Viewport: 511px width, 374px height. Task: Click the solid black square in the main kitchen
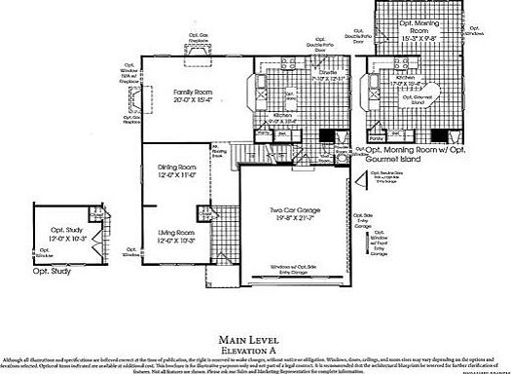coord(329,136)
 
